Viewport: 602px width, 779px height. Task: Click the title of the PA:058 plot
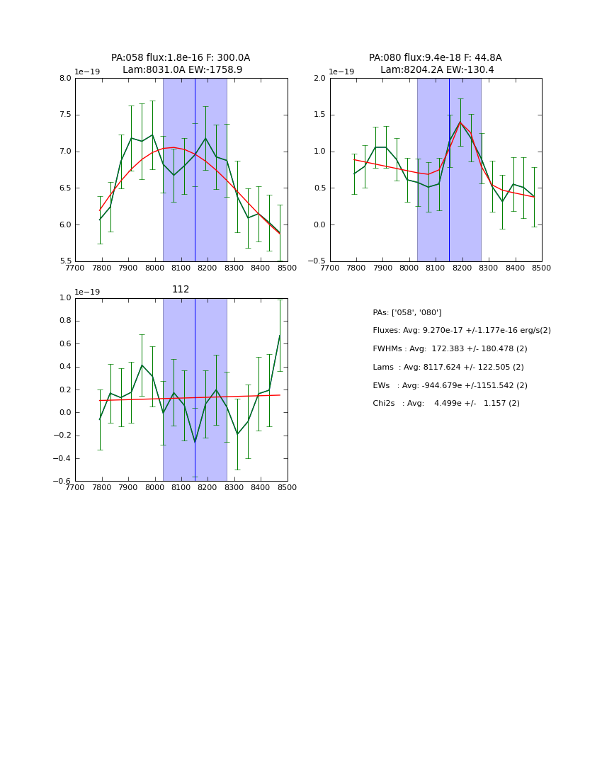[x=181, y=64]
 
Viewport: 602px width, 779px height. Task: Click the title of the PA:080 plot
[x=436, y=64]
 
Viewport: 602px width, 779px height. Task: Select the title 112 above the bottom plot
[x=181, y=290]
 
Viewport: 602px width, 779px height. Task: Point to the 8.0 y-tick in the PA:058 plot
[x=65, y=79]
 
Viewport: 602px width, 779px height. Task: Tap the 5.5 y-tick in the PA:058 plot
[x=65, y=261]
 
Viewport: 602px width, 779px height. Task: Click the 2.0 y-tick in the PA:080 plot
[x=320, y=79]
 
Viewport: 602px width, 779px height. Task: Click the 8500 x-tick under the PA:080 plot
[x=541, y=268]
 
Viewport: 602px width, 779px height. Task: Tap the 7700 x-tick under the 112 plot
[x=75, y=488]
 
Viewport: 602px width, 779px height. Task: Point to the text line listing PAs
[x=407, y=312]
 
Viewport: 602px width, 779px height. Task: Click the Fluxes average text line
[x=461, y=331]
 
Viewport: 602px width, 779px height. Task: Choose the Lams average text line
[x=448, y=368]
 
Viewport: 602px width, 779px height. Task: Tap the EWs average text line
[x=450, y=385]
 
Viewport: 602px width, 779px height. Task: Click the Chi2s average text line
[x=446, y=404]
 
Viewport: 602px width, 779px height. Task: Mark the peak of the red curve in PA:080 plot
[x=460, y=122]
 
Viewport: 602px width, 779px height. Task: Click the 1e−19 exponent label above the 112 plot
[x=87, y=292]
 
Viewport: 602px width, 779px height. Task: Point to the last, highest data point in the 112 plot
[x=280, y=335]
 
